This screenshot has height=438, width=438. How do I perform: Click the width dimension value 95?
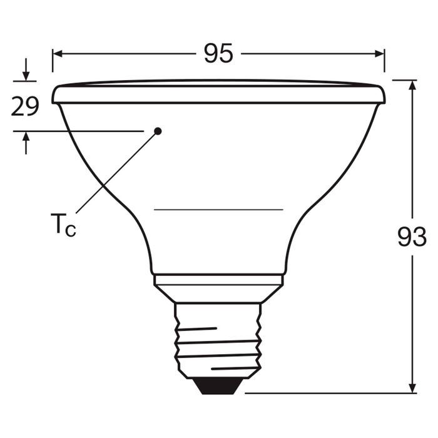(x=218, y=54)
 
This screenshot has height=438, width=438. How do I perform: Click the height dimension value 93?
(x=412, y=237)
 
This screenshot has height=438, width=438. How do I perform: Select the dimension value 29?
(x=25, y=107)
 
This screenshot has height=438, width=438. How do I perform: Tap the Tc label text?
(x=63, y=225)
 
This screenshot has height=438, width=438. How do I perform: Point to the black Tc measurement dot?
(x=158, y=131)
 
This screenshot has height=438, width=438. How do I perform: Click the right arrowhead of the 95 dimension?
(x=379, y=54)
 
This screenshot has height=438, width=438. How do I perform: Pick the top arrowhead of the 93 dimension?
(x=412, y=86)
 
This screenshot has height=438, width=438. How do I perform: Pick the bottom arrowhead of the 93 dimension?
(x=412, y=387)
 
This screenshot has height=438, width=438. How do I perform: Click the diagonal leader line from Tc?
(x=116, y=172)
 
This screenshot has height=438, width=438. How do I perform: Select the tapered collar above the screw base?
(x=218, y=289)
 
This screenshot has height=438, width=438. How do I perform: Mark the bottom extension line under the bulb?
(x=325, y=393)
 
